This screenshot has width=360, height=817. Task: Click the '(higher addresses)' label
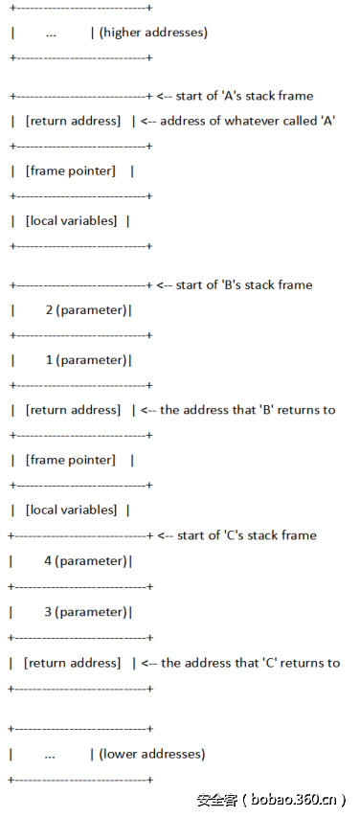(x=153, y=33)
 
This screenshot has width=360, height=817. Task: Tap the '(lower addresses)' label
(x=151, y=754)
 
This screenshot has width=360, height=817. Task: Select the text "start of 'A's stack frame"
(x=244, y=96)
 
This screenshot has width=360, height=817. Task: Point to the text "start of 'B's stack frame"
(x=244, y=284)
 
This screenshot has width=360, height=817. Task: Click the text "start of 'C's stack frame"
(x=246, y=535)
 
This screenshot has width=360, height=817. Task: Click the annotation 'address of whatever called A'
(x=247, y=121)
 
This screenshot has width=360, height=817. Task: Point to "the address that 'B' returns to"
(x=248, y=410)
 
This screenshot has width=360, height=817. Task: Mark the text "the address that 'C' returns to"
(x=250, y=663)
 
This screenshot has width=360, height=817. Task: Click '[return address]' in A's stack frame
(x=74, y=121)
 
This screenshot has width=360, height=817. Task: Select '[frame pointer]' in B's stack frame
(x=73, y=460)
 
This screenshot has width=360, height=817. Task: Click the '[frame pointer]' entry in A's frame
(x=73, y=170)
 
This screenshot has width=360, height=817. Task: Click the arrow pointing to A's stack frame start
(x=164, y=96)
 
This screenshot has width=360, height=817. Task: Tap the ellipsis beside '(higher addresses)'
(x=50, y=33)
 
